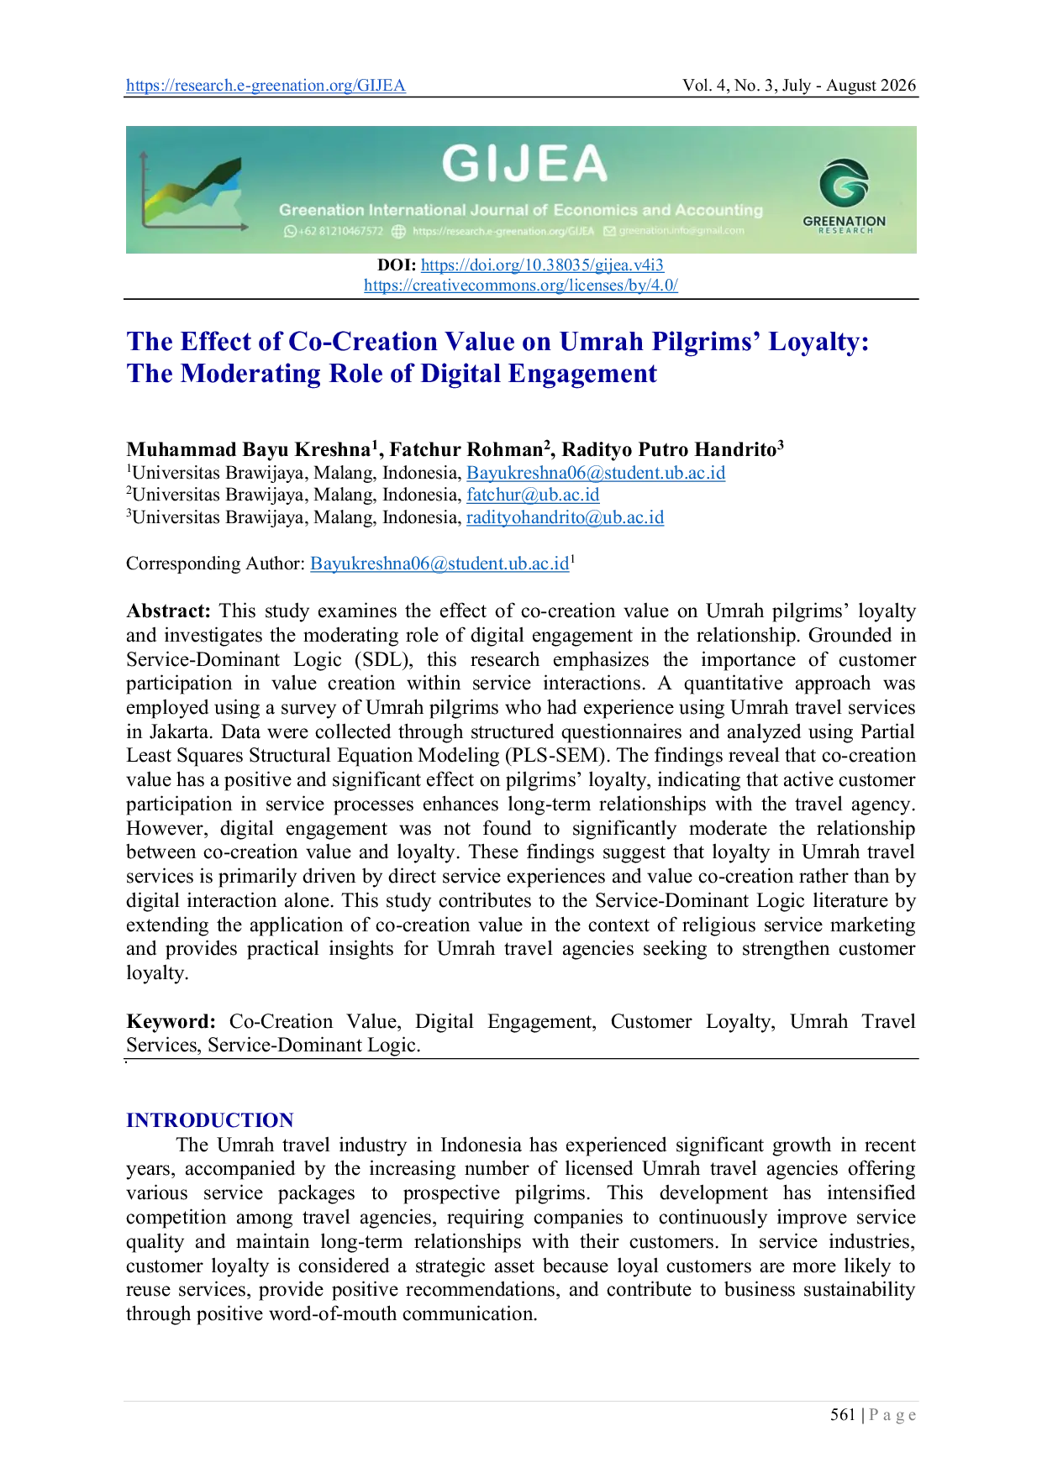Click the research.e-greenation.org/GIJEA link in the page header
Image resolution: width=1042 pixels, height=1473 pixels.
point(266,86)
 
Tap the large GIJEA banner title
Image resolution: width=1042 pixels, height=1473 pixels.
point(524,163)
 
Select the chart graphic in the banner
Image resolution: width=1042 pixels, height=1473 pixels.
point(194,191)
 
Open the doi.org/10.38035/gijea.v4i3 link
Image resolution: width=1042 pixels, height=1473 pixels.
point(542,265)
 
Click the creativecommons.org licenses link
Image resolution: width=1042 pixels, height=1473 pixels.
point(521,286)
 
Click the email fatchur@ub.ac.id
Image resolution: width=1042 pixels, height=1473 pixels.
point(533,495)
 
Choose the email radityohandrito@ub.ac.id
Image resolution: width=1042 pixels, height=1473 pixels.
point(566,517)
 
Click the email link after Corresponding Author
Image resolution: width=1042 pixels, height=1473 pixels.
point(439,564)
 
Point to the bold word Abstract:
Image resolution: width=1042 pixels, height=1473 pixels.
point(168,611)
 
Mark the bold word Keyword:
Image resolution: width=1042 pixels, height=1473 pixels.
point(171,1021)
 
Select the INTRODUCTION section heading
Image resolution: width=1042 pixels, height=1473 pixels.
point(210,1120)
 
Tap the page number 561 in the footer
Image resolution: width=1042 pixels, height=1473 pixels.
point(843,1415)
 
